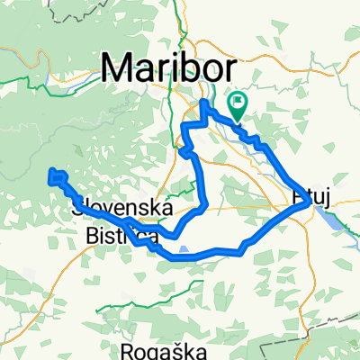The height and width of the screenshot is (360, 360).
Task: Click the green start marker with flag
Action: click(x=239, y=104)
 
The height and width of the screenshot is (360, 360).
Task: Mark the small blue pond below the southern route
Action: click(x=184, y=252)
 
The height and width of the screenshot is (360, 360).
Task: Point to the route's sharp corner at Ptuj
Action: click(x=310, y=204)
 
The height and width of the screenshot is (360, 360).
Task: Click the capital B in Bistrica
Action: click(x=94, y=236)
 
